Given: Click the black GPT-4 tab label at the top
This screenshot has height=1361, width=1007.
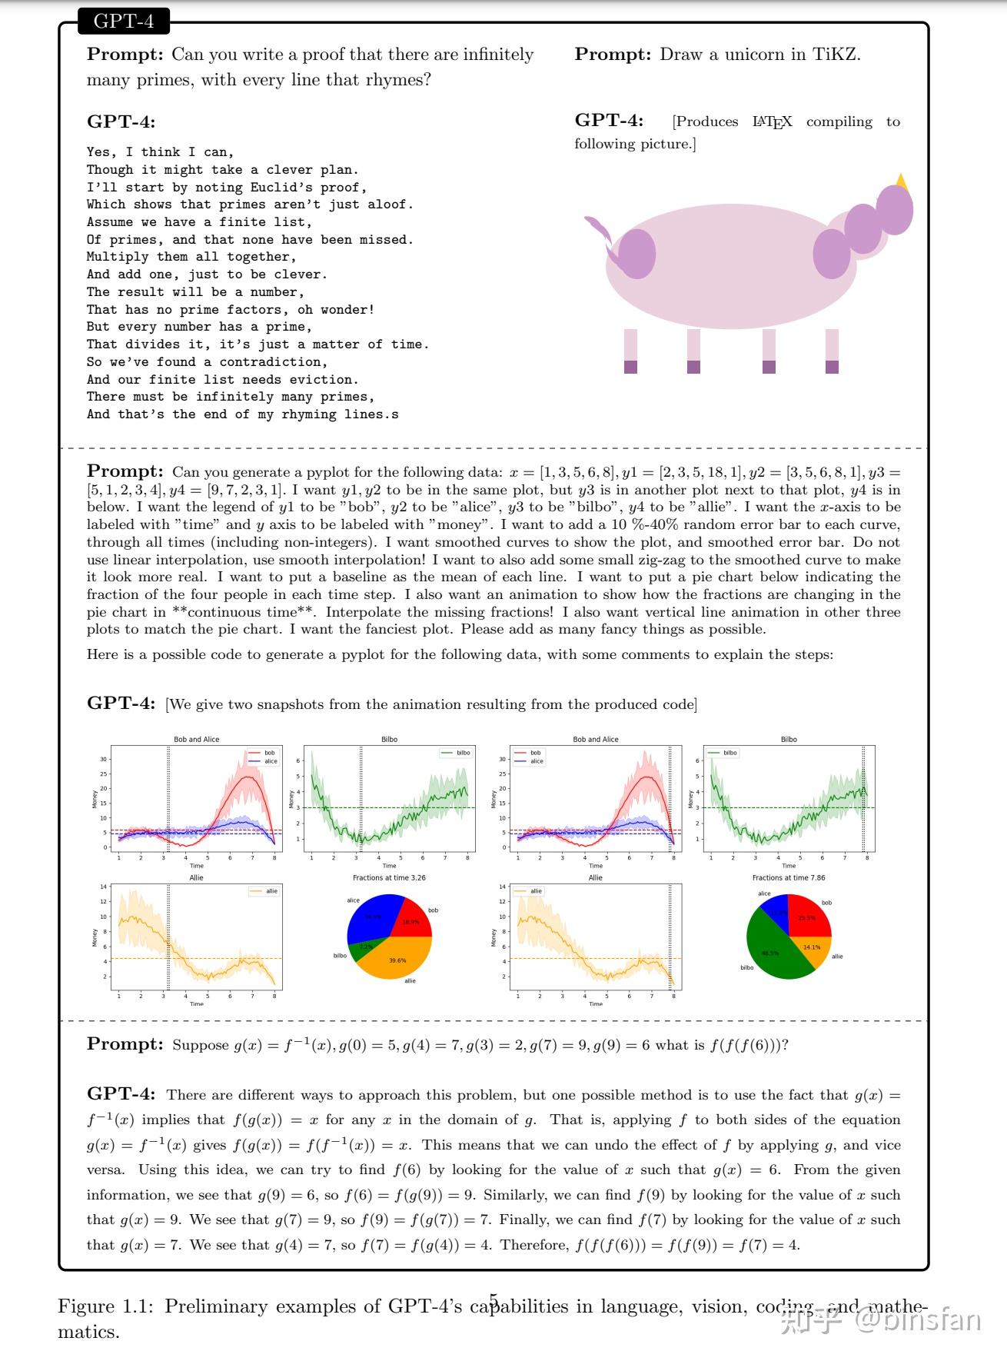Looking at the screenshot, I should pyautogui.click(x=123, y=21).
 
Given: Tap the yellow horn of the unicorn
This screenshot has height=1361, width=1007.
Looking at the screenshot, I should pyautogui.click(x=902, y=182).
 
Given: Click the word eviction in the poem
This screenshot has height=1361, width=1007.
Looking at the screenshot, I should pyautogui.click(x=327, y=379).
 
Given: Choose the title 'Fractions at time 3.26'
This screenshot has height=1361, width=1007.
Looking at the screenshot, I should pyautogui.click(x=389, y=877).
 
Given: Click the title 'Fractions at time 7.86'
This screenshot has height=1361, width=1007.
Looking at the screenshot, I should pyautogui.click(x=789, y=877).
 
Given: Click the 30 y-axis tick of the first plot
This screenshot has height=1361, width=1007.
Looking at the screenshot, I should pyautogui.click(x=104, y=760).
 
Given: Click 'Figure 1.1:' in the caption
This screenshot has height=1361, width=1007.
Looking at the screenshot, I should pyautogui.click(x=107, y=1306).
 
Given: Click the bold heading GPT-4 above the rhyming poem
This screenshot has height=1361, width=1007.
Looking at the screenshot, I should pyautogui.click(x=121, y=121).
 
